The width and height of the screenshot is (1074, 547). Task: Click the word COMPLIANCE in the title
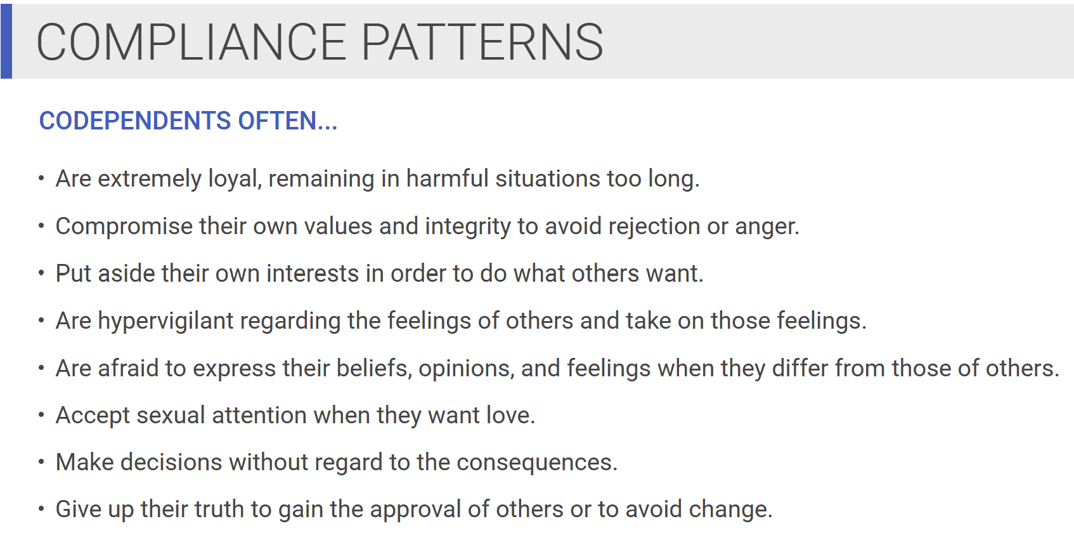click(191, 43)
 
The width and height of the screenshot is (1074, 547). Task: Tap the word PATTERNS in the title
click(482, 43)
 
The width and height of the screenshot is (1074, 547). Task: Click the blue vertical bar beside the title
click(6, 41)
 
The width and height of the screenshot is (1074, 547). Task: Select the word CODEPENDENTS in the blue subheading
click(135, 121)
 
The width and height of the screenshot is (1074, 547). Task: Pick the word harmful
click(448, 178)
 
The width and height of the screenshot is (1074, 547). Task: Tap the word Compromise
click(124, 227)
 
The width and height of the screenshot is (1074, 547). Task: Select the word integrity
click(467, 227)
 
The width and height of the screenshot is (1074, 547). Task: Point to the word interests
click(313, 273)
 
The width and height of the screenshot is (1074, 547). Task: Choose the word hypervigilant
click(165, 321)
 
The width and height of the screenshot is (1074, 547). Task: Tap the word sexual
click(171, 415)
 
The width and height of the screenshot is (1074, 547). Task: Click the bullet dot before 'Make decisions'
click(41, 462)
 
